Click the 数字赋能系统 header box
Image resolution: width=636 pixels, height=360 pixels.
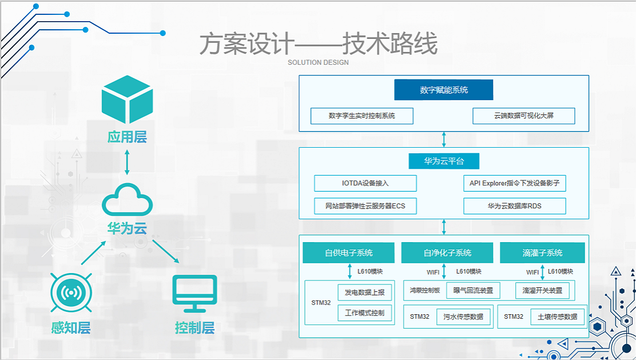443,90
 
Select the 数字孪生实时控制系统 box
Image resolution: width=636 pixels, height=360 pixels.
362,116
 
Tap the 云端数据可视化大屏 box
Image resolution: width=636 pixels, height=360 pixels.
523,116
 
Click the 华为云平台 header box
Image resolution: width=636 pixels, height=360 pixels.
443,161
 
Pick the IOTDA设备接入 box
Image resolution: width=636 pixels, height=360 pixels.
365,183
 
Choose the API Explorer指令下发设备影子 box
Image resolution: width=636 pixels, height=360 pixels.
514,183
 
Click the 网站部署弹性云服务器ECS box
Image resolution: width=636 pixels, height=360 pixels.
365,205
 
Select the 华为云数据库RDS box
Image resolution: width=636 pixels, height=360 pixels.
514,205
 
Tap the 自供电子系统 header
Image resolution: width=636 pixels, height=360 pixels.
348,252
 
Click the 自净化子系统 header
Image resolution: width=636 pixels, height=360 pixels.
447,252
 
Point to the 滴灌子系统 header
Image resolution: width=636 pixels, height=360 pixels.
542,252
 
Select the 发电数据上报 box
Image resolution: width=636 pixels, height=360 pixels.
364,292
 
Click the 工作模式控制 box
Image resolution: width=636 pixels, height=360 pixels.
364,313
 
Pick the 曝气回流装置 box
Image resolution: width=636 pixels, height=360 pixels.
473,290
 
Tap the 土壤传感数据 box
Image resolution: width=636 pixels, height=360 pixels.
554,317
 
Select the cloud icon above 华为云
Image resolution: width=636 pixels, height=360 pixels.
127,201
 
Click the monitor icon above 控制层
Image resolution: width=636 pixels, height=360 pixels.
194,294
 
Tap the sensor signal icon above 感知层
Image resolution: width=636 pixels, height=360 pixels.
71,294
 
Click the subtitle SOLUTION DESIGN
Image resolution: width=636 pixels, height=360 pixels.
318,62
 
